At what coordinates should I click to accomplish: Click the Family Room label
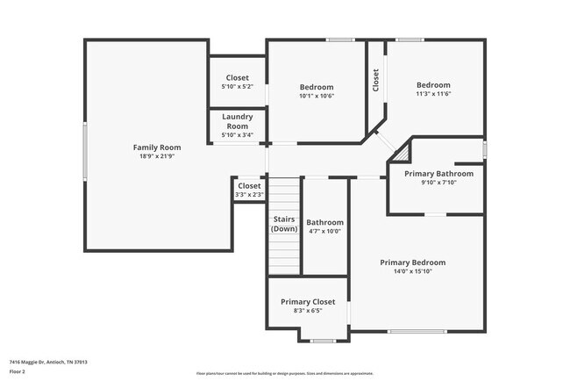tap(157, 147)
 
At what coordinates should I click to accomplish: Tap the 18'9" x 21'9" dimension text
tap(157, 156)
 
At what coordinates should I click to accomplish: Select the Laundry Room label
tap(237, 121)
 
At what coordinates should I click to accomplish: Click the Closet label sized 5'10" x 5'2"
tap(237, 77)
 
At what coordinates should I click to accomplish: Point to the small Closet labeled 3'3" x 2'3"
tap(249, 185)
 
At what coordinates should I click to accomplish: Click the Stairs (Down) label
tap(284, 224)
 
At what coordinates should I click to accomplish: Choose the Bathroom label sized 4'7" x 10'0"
tap(324, 222)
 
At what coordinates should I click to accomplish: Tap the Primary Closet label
tap(308, 301)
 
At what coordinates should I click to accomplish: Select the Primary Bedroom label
tap(412, 262)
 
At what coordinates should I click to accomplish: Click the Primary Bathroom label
tap(438, 174)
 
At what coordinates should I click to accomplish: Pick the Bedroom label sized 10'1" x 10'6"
tap(317, 87)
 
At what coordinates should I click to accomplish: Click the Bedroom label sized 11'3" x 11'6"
tap(433, 85)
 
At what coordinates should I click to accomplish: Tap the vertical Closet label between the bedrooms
tap(375, 81)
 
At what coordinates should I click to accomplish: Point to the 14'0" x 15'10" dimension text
tap(412, 271)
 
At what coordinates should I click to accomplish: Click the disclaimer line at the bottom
tap(284, 373)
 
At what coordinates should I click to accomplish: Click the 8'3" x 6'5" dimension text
tap(308, 311)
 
